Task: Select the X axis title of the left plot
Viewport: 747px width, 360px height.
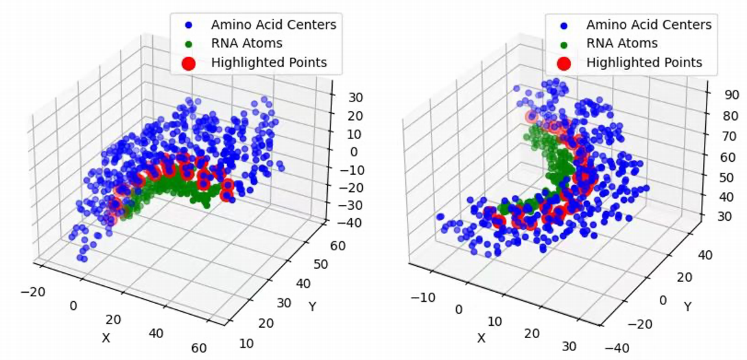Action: click(106, 337)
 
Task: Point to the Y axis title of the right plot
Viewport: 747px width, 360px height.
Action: click(687, 306)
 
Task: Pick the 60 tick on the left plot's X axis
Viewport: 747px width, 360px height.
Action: click(200, 348)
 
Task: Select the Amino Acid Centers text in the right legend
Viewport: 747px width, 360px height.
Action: click(648, 25)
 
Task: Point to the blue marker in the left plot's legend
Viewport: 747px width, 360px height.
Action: click(189, 25)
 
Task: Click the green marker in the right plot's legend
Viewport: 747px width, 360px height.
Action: click(564, 44)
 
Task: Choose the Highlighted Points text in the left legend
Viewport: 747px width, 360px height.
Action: click(269, 63)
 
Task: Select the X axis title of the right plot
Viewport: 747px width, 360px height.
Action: click(482, 337)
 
